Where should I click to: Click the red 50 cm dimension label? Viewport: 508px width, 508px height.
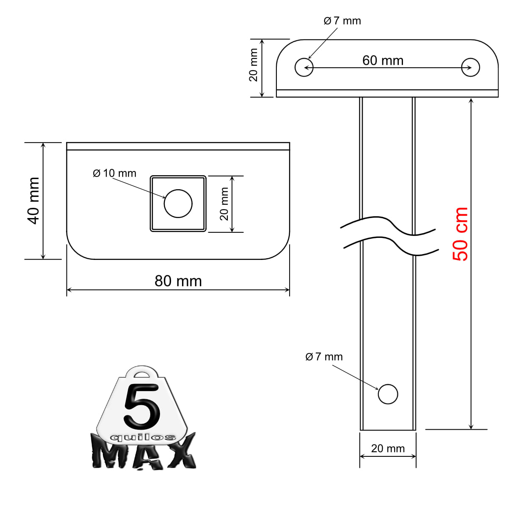pos(460,234)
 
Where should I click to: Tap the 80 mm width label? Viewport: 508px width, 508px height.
pos(178,281)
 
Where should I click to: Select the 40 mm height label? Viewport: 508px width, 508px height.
pos(33,201)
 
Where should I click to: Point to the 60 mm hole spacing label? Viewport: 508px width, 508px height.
pos(383,61)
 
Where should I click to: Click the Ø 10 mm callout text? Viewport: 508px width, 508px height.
pos(114,173)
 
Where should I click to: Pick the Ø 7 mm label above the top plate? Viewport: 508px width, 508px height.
pos(342,21)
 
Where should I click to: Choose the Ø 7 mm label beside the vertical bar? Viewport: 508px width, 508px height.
pos(324,357)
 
